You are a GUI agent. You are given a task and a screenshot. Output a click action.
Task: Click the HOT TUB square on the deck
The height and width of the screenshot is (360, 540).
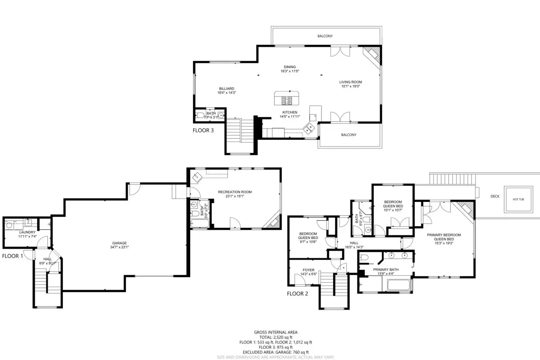(x=518, y=199)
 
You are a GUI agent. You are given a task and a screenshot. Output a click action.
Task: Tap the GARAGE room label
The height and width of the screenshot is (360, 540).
(x=120, y=243)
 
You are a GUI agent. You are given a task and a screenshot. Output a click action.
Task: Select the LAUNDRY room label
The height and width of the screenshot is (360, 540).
(x=27, y=232)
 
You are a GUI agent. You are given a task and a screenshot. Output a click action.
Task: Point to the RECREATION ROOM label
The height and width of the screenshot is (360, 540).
(x=235, y=192)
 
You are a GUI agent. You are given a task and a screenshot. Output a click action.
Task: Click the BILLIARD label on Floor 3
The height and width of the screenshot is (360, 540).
(x=227, y=88)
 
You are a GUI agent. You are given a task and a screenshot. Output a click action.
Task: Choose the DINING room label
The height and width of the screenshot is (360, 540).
(x=290, y=67)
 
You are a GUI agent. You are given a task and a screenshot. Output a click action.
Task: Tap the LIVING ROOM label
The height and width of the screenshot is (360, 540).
(x=351, y=82)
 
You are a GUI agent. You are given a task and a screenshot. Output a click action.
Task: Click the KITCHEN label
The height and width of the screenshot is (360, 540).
(x=290, y=112)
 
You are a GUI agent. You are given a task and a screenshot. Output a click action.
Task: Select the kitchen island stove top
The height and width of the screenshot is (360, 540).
(x=287, y=100)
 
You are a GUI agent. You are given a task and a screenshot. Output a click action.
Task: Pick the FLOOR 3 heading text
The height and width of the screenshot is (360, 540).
(x=203, y=130)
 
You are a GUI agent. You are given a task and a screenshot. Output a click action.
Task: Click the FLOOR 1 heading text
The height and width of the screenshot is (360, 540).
(x=12, y=256)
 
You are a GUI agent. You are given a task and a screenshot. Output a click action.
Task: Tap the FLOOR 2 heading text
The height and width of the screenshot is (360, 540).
(x=298, y=294)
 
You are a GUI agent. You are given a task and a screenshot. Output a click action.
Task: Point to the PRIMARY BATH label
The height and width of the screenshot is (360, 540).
(x=386, y=269)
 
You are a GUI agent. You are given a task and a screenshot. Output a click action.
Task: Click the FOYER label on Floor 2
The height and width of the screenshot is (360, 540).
(x=308, y=270)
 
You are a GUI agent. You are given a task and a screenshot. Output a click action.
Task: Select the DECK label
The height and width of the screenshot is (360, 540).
(x=495, y=196)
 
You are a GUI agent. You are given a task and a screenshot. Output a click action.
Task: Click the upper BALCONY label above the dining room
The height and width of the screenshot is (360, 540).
(x=325, y=36)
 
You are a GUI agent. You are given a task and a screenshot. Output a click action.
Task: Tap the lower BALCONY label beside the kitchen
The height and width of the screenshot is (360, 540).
(x=349, y=135)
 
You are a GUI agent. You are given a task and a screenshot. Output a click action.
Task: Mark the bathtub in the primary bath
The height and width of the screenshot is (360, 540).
(x=398, y=285)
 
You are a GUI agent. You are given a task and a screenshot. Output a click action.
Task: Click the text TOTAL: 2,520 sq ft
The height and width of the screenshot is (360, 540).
(x=276, y=337)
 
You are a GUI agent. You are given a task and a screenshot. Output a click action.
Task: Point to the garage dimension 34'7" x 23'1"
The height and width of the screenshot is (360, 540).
(x=120, y=247)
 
